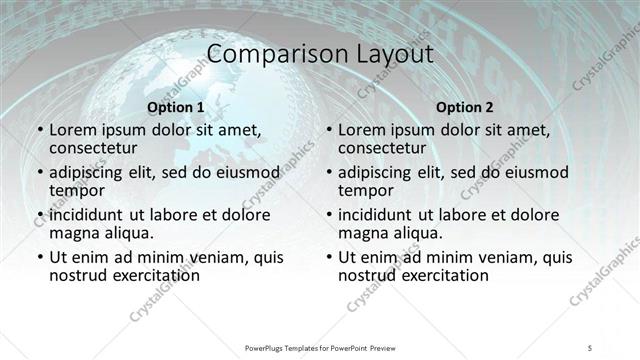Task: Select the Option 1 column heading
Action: coord(175,107)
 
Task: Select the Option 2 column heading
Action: coord(465,107)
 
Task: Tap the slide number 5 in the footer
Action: coord(590,346)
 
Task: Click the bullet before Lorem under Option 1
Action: coord(38,130)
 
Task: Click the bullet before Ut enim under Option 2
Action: coord(327,257)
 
